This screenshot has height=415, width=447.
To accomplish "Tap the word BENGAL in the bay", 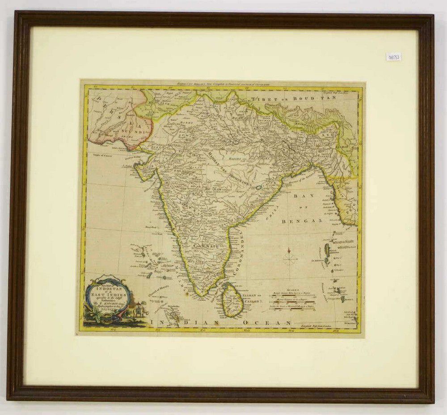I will pos(302,221).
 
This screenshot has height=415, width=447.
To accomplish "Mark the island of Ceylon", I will pos(232,299).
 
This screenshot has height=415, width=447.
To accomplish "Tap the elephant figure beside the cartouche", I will pos(139,310).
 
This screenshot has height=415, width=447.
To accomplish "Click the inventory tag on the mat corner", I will pos(393,57).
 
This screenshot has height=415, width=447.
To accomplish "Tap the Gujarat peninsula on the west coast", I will pos(144,170).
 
